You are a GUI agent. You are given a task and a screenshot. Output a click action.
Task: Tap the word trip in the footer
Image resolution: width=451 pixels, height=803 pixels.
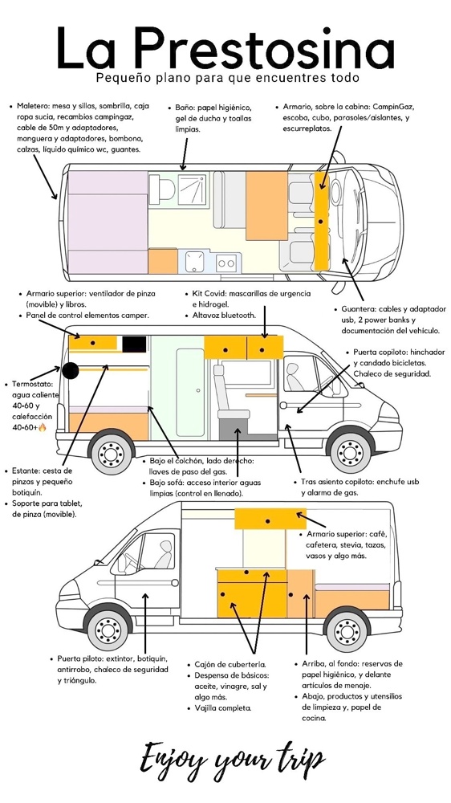(295, 760)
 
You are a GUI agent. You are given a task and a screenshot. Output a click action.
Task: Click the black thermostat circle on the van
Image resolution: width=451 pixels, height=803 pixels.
(70, 370)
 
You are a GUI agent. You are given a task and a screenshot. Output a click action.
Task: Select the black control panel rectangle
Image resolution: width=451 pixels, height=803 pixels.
(134, 344)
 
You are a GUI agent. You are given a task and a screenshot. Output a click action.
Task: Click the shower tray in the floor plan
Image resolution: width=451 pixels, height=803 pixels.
(193, 189)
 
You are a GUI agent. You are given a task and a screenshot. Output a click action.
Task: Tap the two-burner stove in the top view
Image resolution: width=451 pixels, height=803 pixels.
(225, 263)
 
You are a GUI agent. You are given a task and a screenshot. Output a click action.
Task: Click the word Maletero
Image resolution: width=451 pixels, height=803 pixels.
(33, 107)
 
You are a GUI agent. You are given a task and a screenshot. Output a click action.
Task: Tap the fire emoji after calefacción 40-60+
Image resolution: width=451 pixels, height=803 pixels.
(42, 428)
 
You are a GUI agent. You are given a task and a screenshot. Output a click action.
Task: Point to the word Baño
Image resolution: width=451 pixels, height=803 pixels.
(183, 108)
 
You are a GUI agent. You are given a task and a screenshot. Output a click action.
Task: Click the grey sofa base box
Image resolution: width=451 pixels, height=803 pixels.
(237, 429)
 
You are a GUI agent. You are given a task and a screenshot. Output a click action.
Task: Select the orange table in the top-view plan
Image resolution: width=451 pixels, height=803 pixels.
(266, 206)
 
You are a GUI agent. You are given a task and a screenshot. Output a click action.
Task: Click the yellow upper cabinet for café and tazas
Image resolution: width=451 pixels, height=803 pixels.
(270, 519)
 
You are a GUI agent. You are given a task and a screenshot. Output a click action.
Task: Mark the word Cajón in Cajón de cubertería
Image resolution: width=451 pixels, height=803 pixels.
(205, 665)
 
